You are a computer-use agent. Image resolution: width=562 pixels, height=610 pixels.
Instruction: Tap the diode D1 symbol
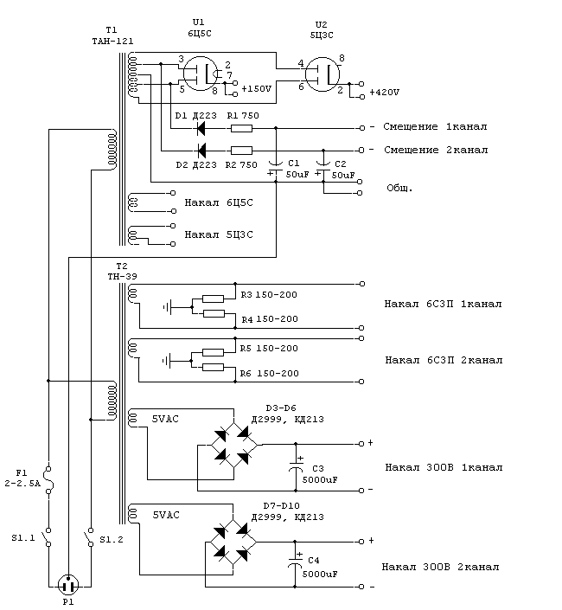coord(201,128)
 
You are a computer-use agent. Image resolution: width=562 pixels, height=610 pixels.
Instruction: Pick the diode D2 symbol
coord(201,151)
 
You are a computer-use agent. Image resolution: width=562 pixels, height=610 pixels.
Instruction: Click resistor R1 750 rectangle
coord(241,128)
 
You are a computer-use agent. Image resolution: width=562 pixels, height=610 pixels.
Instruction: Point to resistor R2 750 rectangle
coord(241,151)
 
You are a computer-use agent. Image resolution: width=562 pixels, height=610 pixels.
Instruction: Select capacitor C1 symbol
coord(276,167)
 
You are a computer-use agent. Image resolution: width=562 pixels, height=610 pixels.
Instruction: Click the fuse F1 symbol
coord(49,479)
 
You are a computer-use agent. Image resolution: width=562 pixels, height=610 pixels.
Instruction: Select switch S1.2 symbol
coord(89,537)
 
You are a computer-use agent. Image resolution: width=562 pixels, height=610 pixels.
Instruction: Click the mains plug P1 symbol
coord(68,586)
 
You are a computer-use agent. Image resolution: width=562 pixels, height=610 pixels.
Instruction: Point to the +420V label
coord(385,93)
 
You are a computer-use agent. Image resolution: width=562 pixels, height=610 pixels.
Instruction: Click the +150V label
coord(256,89)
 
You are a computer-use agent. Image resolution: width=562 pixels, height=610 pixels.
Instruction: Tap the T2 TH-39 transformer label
coord(122,271)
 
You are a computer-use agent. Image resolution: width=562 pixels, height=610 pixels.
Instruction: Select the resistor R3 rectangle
coord(214,299)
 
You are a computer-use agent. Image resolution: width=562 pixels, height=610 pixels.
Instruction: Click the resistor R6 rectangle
coord(214,367)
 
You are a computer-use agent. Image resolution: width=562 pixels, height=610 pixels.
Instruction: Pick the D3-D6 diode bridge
coord(234,445)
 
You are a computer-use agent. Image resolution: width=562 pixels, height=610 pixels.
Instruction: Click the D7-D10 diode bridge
coord(233,542)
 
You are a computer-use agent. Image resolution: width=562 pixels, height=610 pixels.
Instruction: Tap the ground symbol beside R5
coord(167,361)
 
